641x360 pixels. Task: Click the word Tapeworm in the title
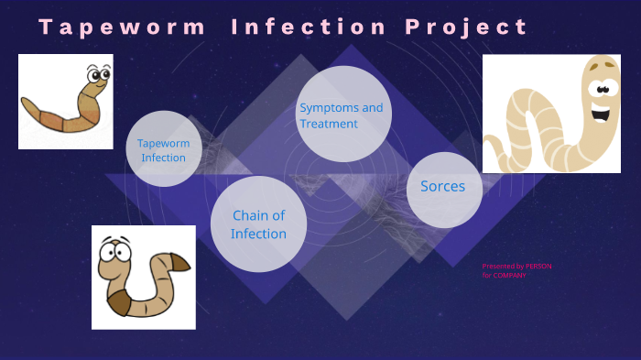123,27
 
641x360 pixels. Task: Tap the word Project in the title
467,27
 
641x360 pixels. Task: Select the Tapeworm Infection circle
164,149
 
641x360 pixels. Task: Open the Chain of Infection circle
258,224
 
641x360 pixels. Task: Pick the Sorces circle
443,189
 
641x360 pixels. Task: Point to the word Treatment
329,124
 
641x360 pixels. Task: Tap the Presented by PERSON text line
516,267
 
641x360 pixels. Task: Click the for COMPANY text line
505,276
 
